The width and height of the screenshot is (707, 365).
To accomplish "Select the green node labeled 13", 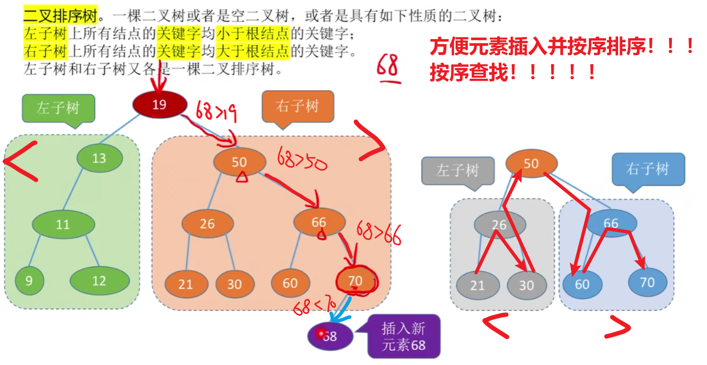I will click(x=99, y=158).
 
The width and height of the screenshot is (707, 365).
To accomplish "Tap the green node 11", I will click(x=63, y=225).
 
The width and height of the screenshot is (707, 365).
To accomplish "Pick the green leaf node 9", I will click(x=29, y=281).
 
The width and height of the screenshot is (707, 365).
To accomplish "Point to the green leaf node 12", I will click(x=100, y=281).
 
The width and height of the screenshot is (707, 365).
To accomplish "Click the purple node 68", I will click(x=330, y=336).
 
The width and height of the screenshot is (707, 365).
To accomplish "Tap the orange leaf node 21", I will click(x=186, y=284).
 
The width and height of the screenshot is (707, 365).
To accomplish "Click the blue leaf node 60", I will click(x=582, y=284).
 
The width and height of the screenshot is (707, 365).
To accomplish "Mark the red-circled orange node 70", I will click(x=356, y=281).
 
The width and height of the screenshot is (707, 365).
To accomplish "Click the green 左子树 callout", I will click(x=58, y=108).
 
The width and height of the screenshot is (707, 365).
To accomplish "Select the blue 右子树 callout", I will click(x=648, y=170).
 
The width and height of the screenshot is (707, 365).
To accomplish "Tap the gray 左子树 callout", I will click(x=457, y=171).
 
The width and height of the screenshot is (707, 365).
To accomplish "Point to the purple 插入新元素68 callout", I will click(x=403, y=337).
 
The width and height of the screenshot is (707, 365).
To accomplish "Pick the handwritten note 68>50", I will click(x=302, y=160).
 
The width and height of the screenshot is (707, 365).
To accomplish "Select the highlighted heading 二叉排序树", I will click(x=61, y=17).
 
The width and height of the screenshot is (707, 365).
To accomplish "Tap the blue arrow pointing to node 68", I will click(x=343, y=309).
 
